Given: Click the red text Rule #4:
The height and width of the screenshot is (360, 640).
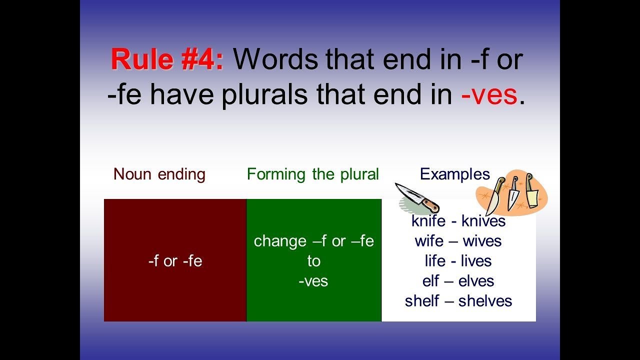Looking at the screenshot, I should [167, 60].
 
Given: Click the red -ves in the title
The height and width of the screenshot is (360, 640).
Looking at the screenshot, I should [488, 95].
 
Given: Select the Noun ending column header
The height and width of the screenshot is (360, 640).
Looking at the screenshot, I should [159, 174].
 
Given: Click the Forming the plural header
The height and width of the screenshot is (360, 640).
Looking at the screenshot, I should [312, 174].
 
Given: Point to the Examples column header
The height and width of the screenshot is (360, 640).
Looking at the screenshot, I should [454, 174].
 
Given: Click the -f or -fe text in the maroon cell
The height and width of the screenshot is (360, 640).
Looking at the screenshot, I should [175, 261].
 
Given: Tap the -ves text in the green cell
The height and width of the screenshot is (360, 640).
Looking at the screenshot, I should [313, 281].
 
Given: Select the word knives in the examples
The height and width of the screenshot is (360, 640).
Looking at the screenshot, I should [483, 221].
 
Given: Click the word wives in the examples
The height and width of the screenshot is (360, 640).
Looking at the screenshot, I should [482, 241].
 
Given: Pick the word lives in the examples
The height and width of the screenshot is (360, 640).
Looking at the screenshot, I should [475, 261].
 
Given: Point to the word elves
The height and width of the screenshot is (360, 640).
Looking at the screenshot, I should [476, 281].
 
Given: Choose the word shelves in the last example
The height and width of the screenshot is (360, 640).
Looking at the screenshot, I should [485, 301].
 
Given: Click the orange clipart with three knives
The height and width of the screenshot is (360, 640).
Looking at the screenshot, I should [511, 192].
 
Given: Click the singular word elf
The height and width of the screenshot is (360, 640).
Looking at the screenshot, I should [430, 281].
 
